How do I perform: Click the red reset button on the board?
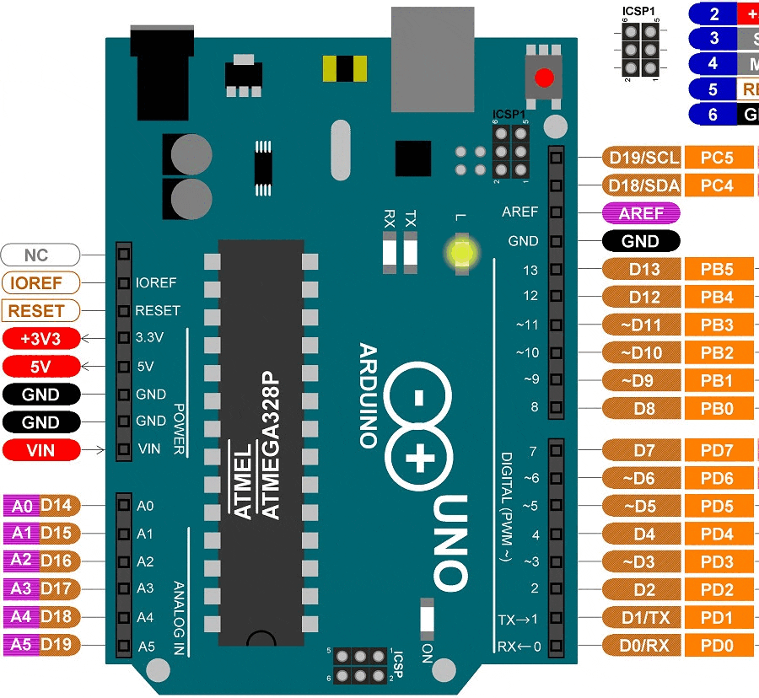click(545, 78)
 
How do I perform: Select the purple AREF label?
click(641, 213)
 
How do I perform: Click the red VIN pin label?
click(40, 450)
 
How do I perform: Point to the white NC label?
click(40, 255)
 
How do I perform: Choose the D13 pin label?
click(643, 270)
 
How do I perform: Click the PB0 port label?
click(717, 409)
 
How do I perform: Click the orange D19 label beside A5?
click(61, 645)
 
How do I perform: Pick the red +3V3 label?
click(40, 338)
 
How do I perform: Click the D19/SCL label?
click(643, 158)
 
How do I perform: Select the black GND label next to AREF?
click(641, 241)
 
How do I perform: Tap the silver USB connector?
click(432, 59)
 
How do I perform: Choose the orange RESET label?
click(40, 310)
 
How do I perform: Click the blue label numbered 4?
click(713, 63)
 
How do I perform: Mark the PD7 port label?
click(717, 450)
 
